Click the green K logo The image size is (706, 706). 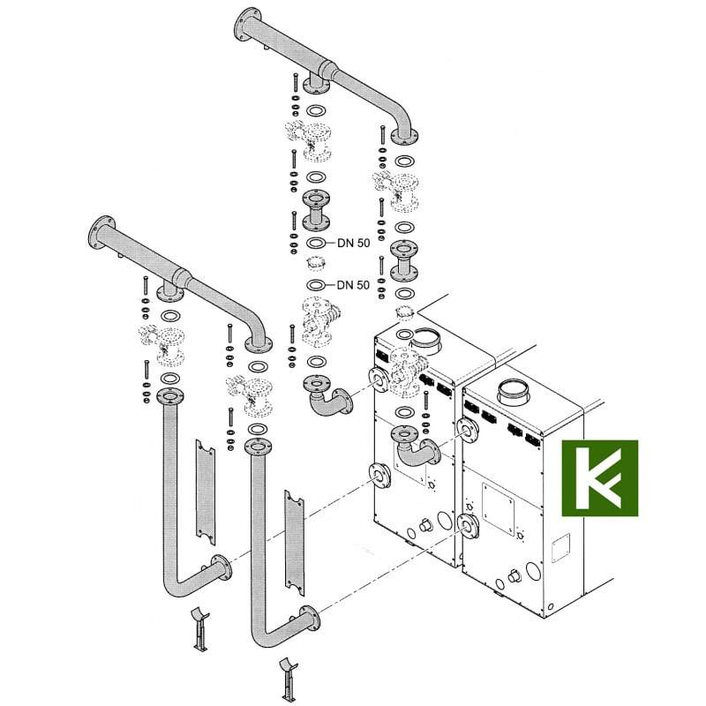pos(600,477)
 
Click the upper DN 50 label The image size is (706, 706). pos(354,244)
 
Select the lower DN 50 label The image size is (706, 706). pos(354,285)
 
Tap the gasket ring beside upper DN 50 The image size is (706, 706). pos(317,244)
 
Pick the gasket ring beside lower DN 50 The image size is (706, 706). pos(317,285)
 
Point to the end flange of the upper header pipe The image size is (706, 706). pos(247,25)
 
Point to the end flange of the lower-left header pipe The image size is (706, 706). pos(101,232)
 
